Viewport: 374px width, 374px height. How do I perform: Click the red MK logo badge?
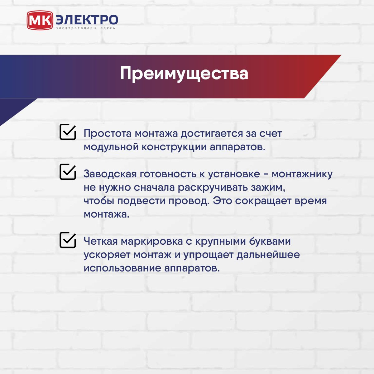pos(40,20)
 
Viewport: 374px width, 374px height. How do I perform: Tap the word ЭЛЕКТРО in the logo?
pos(87,20)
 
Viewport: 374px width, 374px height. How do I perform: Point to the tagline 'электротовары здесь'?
pos(86,28)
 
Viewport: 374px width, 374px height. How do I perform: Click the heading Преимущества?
pos(184,74)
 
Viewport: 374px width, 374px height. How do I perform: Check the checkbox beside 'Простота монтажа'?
pos(68,132)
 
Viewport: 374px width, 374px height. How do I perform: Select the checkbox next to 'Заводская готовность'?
pos(68,171)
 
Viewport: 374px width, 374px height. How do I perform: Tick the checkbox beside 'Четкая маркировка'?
pos(68,240)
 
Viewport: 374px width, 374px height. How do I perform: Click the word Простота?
pos(108,133)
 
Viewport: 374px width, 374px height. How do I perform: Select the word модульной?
pos(111,147)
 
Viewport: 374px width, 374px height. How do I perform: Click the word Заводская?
pos(110,174)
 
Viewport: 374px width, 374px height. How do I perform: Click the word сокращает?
pos(263,201)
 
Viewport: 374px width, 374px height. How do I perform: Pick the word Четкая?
pos(101,242)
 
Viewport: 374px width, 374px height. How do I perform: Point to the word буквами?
pos(270,242)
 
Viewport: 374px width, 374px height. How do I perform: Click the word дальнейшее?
pos(268,255)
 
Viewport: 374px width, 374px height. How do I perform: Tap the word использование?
pos(122,269)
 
